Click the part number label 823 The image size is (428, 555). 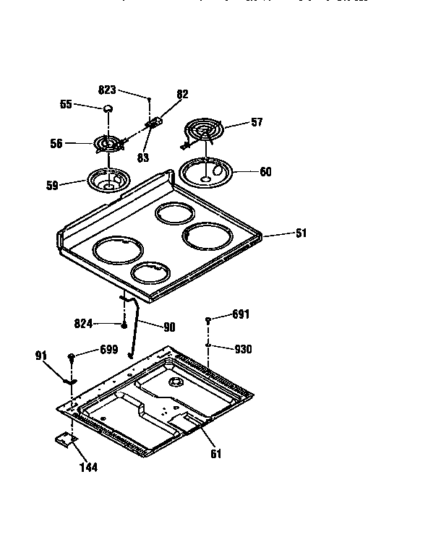pos(107,90)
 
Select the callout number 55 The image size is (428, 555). pos(66,105)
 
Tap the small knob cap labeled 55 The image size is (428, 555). pos(108,108)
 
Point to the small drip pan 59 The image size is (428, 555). pos(108,179)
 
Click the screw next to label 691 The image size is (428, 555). pos(208,319)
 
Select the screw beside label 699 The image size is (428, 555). pos(72,356)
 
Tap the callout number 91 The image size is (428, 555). pos(40,355)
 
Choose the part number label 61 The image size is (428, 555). pos(215,454)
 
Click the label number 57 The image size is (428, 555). pos(257,124)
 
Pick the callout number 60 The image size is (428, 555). pos(265,172)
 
